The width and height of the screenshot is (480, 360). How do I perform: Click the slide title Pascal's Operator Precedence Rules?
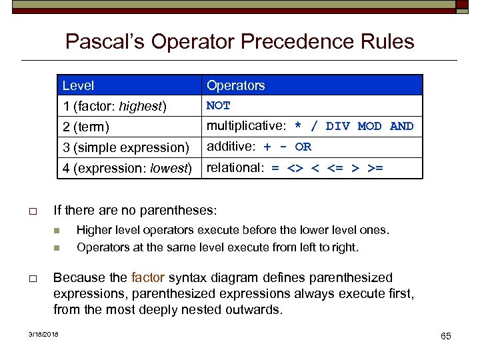[239, 42]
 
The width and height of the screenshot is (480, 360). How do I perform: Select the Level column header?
[78, 85]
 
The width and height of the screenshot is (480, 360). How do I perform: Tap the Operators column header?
[235, 85]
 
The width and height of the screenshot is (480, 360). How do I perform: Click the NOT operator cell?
[219, 105]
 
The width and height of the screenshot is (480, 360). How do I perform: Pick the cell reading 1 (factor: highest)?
[114, 106]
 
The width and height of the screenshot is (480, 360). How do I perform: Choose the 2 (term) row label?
[86, 127]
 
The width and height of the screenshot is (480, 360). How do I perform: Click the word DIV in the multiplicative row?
[338, 126]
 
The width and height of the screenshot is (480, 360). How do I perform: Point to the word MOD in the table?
[370, 126]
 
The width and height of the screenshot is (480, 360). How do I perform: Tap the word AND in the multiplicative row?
[402, 126]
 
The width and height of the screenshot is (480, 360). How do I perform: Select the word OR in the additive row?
[303, 147]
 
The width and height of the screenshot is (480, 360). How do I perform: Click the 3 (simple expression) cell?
[126, 147]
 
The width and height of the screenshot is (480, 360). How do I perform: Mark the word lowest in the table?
[171, 168]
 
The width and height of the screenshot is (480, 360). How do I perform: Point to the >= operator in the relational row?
[375, 168]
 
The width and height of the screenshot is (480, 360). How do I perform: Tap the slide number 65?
[445, 336]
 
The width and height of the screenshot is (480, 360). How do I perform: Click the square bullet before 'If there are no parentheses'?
[32, 212]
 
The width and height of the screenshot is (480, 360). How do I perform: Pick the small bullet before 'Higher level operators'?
[58, 231]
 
